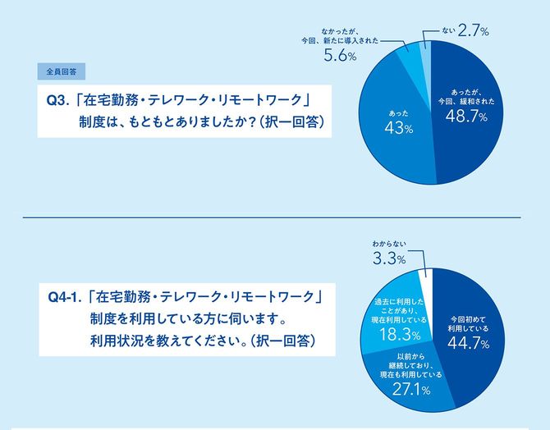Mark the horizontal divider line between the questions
tap(275, 217)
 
